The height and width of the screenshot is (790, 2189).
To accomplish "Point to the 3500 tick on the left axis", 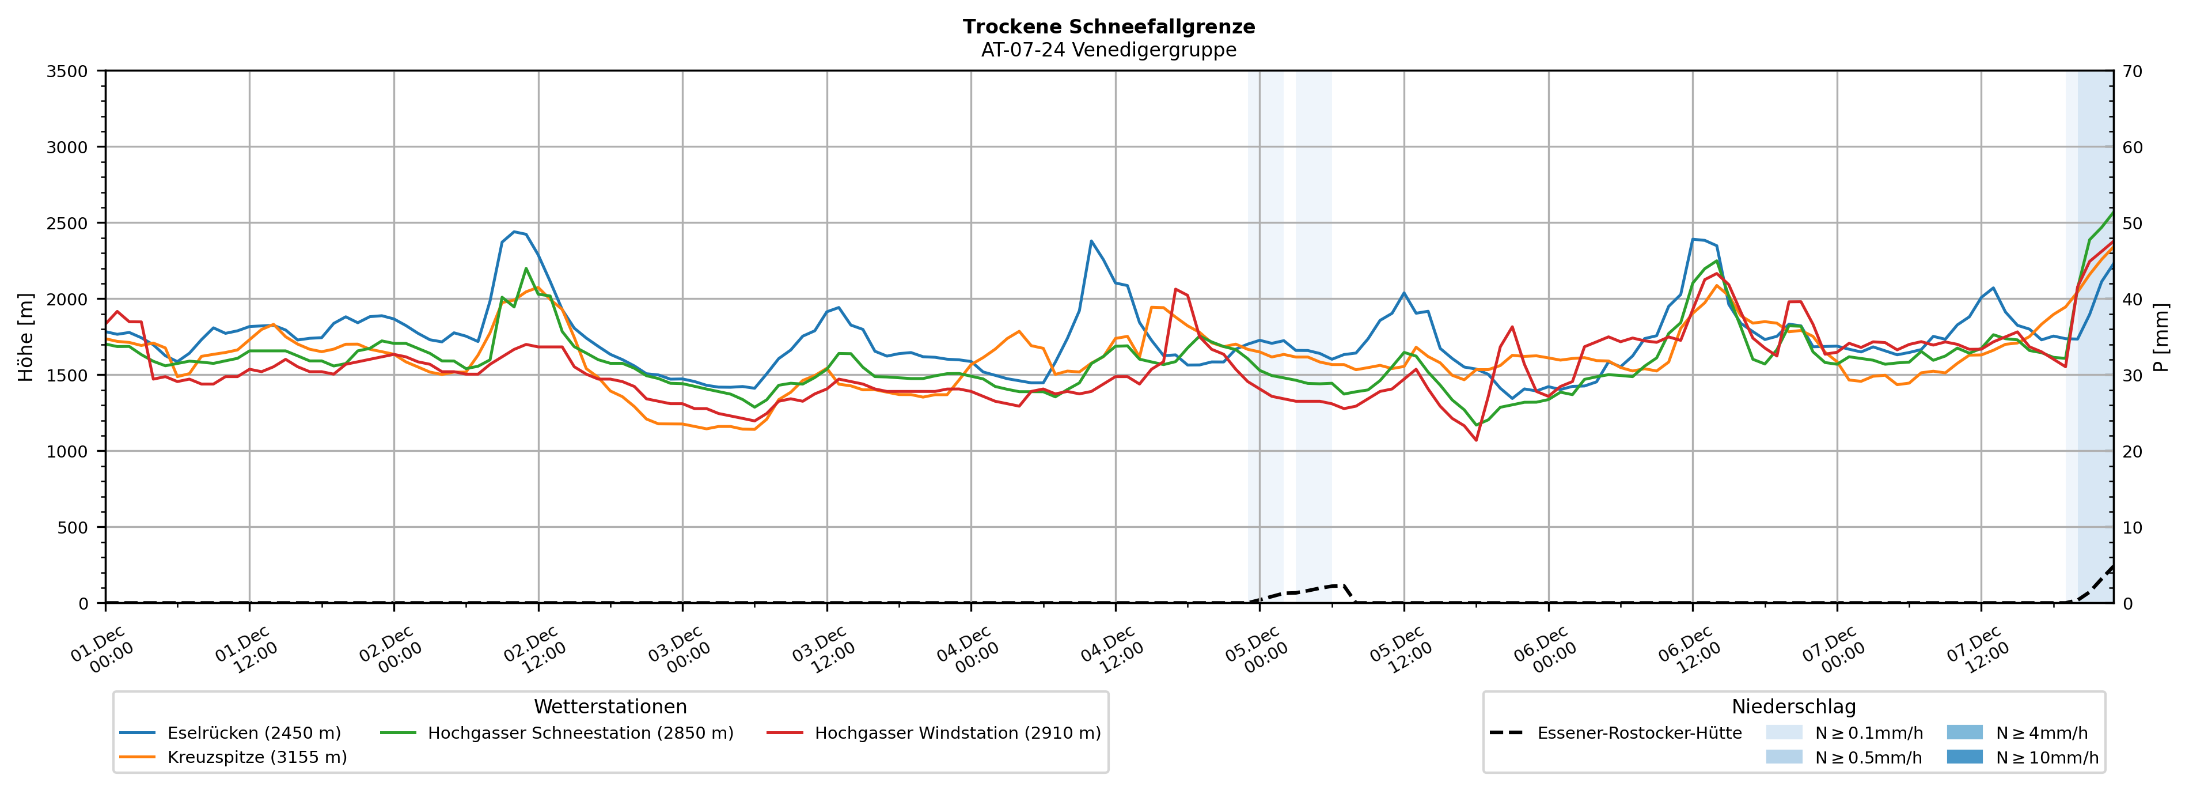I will click(67, 71).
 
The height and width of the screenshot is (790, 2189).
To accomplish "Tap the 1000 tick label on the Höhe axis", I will click(67, 452).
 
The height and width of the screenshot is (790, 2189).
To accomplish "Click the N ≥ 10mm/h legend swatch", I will click(1964, 757).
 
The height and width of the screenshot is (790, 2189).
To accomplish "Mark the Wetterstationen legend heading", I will click(610, 706).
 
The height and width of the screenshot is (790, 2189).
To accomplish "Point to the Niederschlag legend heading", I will click(1793, 706).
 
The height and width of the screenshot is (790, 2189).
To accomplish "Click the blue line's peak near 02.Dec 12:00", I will click(514, 231).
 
